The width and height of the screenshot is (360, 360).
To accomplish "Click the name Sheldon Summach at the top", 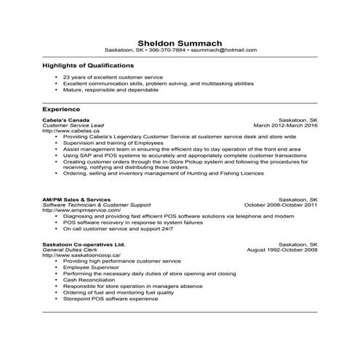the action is pyautogui.click(x=180, y=42).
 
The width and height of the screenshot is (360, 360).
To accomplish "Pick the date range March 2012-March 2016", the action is pyautogui.click(x=285, y=125).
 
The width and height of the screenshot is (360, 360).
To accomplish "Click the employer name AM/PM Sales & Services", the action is pyautogui.click(x=77, y=199).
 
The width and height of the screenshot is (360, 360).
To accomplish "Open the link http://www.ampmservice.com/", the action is pyautogui.click(x=79, y=210).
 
